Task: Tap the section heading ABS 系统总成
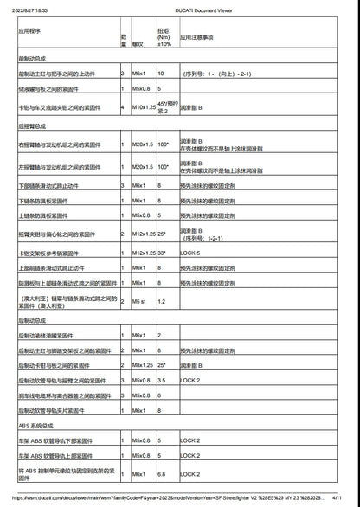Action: tap(36, 426)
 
